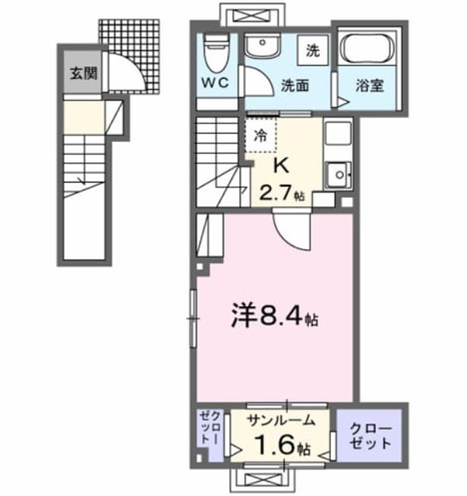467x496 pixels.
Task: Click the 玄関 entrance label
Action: (x=83, y=74)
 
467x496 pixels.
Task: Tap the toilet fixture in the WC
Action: (x=216, y=52)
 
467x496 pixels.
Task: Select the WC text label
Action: (x=215, y=83)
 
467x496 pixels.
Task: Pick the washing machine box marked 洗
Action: (x=313, y=50)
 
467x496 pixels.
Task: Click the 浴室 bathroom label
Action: (x=369, y=85)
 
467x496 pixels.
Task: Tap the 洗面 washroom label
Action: (x=295, y=86)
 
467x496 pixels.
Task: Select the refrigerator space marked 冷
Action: (x=261, y=136)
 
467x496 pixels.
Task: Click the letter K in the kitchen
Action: (x=281, y=165)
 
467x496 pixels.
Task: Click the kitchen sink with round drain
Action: (x=339, y=174)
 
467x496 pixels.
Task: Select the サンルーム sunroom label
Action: (x=281, y=421)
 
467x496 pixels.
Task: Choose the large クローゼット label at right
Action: (x=370, y=436)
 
